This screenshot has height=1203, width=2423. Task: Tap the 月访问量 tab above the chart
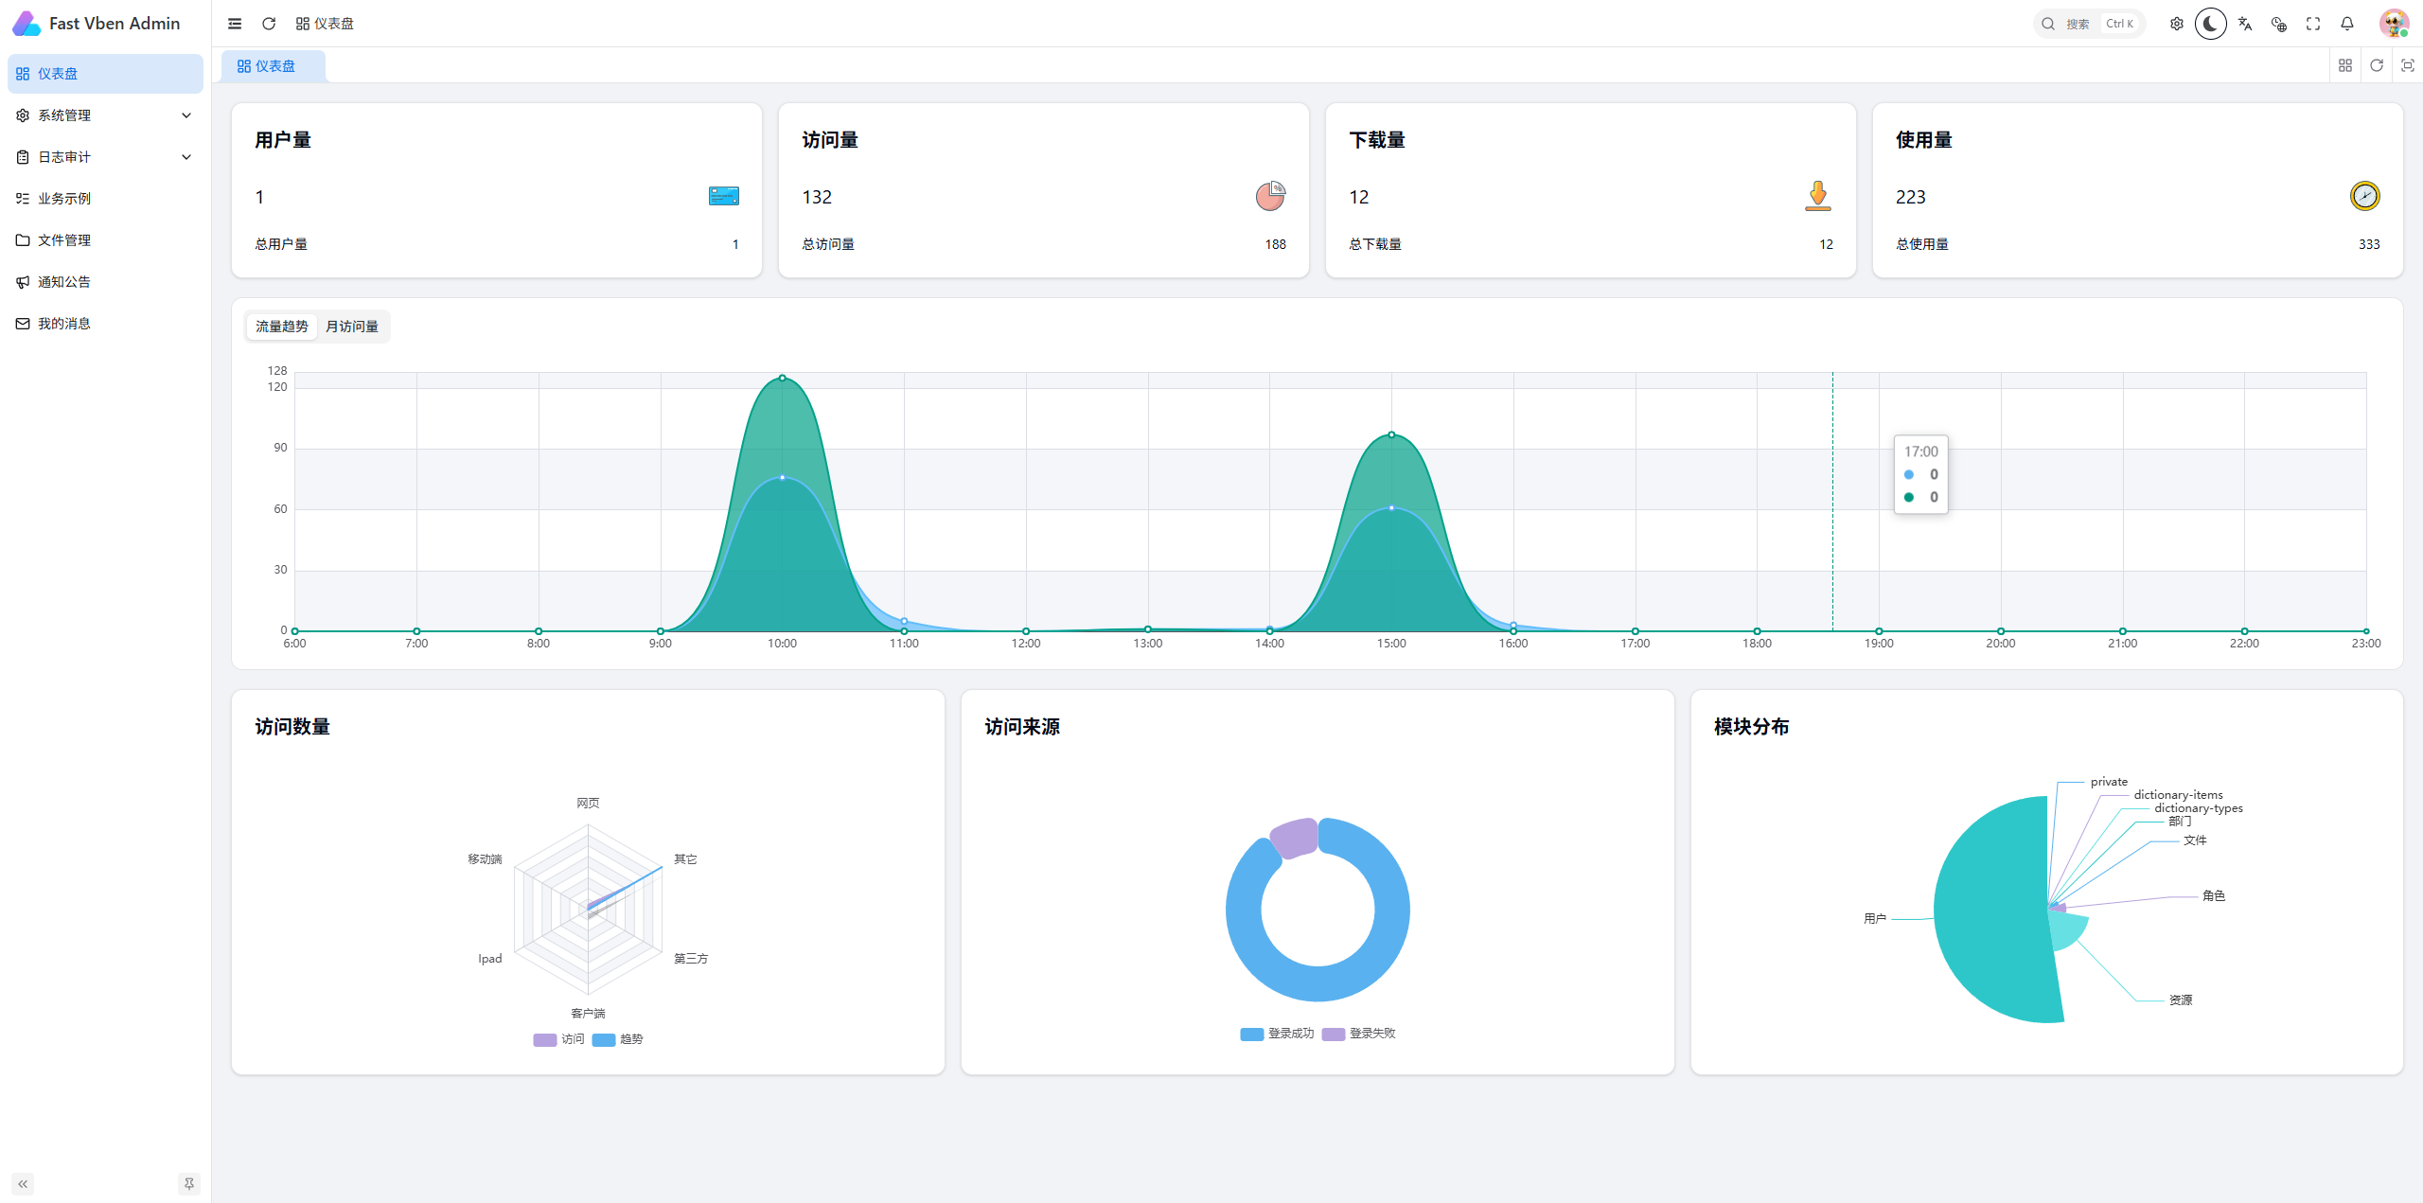[x=352, y=327]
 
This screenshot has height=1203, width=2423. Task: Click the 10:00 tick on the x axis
[x=782, y=644]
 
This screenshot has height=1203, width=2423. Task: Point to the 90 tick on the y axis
[x=280, y=448]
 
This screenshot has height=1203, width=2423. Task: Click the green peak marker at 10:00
[x=782, y=378]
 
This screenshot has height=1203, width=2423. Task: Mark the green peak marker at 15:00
[x=1391, y=434]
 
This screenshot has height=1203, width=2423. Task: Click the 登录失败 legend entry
[x=1359, y=1034]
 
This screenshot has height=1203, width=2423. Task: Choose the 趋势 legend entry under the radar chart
[x=618, y=1039]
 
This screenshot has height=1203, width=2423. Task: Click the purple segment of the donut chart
[x=1293, y=838]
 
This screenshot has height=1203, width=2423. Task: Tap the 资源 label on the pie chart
[x=2181, y=1000]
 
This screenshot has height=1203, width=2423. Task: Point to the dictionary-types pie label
[x=2199, y=808]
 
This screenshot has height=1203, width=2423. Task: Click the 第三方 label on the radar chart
[x=691, y=959]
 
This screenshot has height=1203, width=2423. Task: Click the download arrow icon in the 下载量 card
[x=1817, y=196]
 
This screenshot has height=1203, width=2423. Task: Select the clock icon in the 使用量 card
[x=2364, y=196]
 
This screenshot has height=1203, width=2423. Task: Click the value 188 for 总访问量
[x=1275, y=244]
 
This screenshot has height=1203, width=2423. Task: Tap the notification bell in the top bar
[x=2347, y=24]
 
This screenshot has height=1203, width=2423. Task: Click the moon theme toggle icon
[x=2210, y=24]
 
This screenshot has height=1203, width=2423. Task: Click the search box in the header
[x=2089, y=24]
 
